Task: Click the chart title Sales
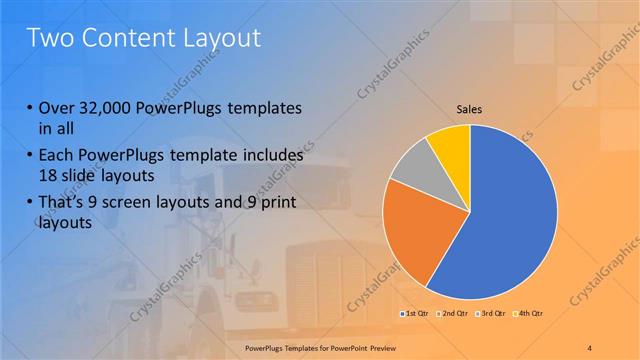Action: (469, 109)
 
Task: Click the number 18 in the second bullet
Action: (49, 175)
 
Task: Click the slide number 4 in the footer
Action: (589, 347)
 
